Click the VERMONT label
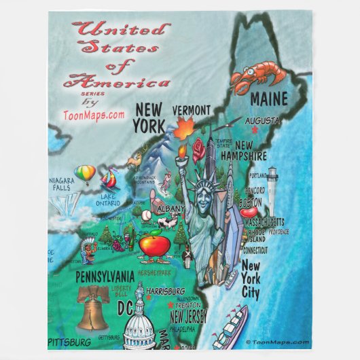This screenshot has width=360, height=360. point(191,110)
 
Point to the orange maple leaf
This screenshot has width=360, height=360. point(184,128)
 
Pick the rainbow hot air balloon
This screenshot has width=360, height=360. point(84,174)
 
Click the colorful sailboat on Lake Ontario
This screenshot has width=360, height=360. point(109,180)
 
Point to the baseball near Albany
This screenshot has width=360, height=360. point(146,215)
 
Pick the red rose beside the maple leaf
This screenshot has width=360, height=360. point(198,149)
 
